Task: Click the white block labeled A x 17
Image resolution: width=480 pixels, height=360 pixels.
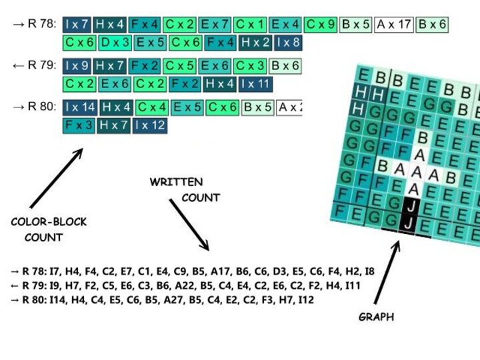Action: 393,25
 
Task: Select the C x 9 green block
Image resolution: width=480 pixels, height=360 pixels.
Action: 321,25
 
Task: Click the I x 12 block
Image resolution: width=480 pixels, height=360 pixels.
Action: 150,125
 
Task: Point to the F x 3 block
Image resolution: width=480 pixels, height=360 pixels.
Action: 79,125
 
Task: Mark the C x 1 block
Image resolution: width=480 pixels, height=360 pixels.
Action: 250,25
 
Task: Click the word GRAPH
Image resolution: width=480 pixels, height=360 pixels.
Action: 376,317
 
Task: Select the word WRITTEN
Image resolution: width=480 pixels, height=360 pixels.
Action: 176,181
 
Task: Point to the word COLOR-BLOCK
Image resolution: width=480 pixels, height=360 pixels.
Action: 49,222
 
